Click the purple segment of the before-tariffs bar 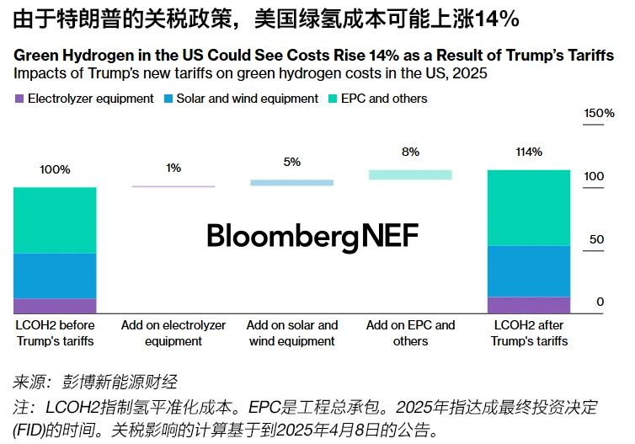point(55,306)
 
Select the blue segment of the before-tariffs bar point(55,275)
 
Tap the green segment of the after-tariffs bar point(528,207)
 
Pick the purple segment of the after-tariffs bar point(528,305)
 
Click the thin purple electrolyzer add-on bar point(173,185)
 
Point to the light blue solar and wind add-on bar point(291,182)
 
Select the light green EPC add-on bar point(410,174)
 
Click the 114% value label point(528,152)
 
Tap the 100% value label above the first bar point(55,169)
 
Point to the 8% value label point(410,152)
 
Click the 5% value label point(291,161)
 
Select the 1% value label point(173,168)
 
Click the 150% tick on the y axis point(599,113)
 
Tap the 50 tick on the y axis point(595,239)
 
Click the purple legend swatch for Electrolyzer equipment point(19,99)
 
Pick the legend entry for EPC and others point(382,99)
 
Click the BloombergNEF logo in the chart point(312,236)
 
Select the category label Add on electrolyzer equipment point(173,333)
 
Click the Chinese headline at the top point(266,18)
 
